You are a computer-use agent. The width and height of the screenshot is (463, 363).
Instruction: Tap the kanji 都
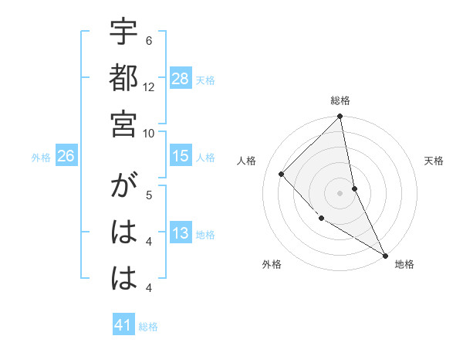pos(123,80)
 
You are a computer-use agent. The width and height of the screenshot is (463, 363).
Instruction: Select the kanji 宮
pos(123,124)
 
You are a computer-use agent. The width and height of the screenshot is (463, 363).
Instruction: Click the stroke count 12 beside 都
pos(149,87)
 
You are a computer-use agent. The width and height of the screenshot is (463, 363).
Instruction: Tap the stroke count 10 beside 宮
pos(149,132)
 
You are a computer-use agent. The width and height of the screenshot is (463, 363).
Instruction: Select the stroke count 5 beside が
pos(149,195)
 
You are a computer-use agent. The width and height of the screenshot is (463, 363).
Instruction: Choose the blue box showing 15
pos(181,156)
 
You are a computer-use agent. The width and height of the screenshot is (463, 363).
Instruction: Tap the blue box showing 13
pos(181,233)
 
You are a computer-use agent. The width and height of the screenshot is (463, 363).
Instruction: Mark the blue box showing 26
pos(66,156)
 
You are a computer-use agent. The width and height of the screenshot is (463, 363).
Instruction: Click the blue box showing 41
pos(123,325)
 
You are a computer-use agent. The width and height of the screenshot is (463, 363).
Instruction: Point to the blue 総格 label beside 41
pos(148,327)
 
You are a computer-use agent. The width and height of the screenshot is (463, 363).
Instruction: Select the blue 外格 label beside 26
pos(41,158)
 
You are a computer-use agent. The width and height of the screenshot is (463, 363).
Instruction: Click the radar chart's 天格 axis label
pos(434,161)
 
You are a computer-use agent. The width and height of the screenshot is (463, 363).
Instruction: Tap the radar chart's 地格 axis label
pos(404,264)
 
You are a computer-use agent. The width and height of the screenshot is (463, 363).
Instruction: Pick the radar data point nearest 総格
pos(340,117)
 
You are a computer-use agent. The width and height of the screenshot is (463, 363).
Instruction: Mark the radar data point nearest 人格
pos(282,174)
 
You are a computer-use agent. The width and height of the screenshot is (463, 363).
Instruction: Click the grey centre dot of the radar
pos(340,192)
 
